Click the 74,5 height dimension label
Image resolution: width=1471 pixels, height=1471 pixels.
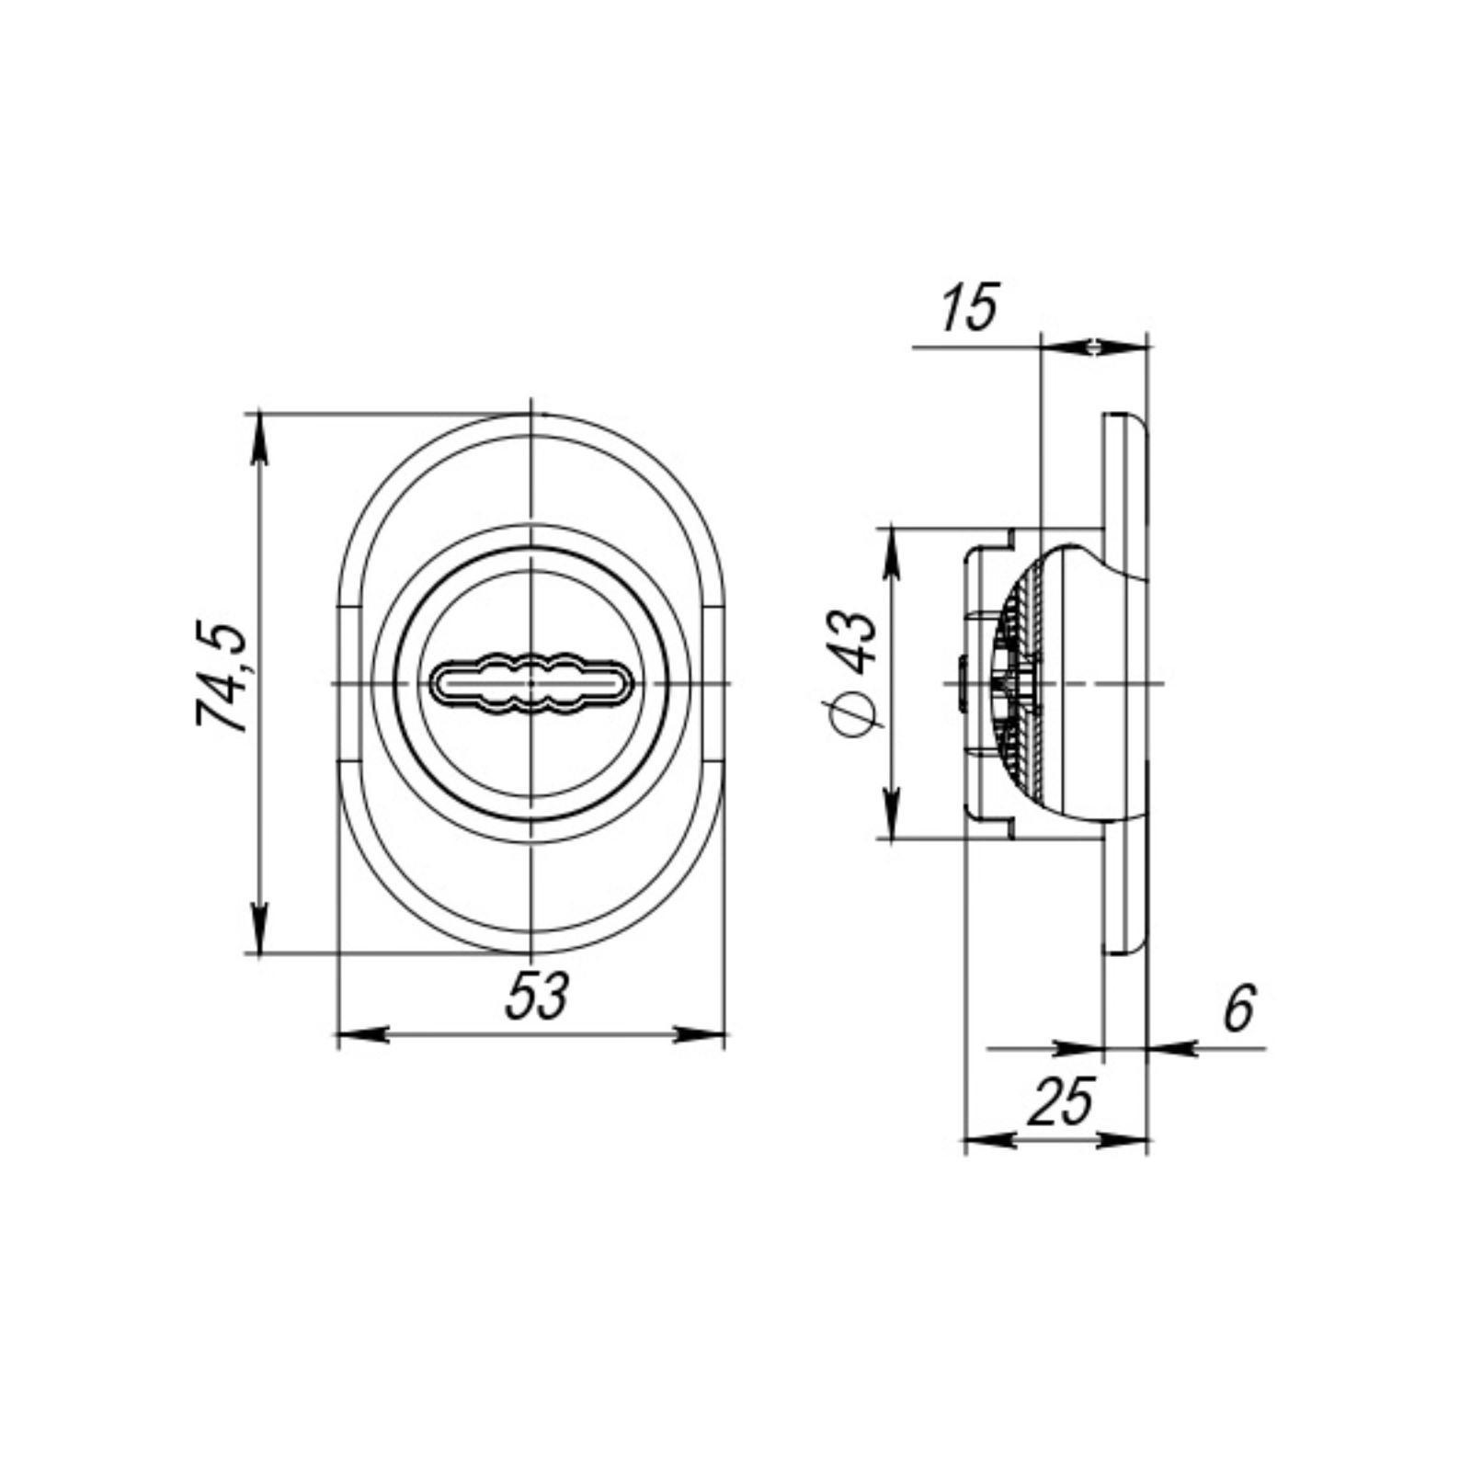click(x=222, y=678)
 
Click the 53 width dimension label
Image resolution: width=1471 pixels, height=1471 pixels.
click(x=539, y=996)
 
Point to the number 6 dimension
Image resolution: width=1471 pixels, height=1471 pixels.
click(x=1238, y=1008)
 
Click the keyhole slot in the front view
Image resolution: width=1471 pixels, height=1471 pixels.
click(x=531, y=684)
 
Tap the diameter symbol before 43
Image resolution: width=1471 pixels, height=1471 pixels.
click(x=854, y=713)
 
